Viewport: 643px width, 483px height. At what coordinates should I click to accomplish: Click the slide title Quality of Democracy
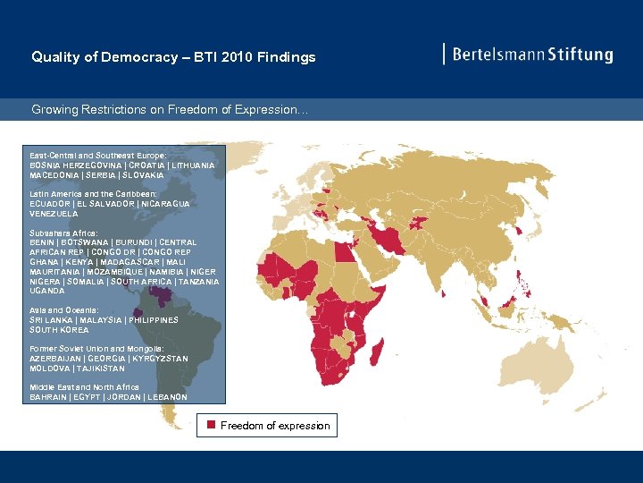(x=173, y=57)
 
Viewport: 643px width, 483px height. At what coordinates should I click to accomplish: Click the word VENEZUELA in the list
(x=54, y=214)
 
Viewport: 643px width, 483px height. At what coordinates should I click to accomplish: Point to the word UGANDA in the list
(x=47, y=291)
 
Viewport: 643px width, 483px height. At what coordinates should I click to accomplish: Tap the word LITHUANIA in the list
(x=188, y=165)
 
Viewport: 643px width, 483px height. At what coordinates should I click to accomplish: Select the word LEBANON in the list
(x=167, y=396)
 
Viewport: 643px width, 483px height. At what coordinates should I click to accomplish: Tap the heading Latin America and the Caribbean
(x=93, y=194)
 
